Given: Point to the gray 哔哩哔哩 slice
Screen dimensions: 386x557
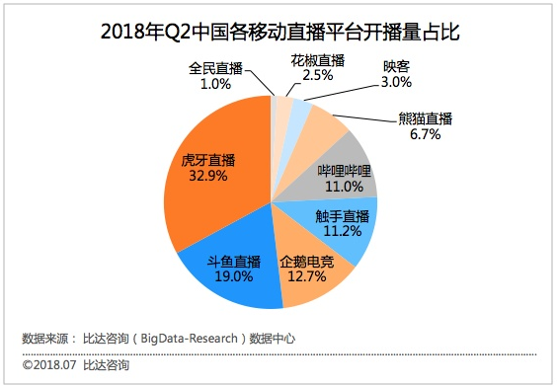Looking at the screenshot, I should (x=341, y=170).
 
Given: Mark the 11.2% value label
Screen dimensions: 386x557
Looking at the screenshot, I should (x=341, y=232).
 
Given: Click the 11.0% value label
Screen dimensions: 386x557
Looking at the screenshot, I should (x=341, y=186).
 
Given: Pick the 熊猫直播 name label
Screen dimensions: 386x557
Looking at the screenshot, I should (x=426, y=118).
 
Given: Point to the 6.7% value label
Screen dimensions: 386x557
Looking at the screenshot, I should (x=425, y=134).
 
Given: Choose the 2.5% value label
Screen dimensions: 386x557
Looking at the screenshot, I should (x=318, y=76).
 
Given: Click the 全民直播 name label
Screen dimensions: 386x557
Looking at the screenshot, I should (x=215, y=69).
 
